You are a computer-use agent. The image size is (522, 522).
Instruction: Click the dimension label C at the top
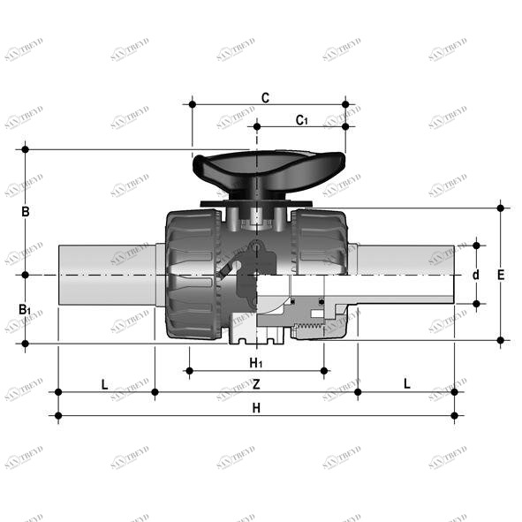(x=265, y=97)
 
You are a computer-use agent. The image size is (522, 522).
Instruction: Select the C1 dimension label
(x=302, y=119)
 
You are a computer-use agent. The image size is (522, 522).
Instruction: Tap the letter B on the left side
(x=26, y=212)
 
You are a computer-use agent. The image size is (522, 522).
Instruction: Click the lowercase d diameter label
(x=475, y=275)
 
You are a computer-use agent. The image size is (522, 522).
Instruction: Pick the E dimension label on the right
(x=501, y=275)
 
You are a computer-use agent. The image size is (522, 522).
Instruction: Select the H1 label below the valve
(x=256, y=363)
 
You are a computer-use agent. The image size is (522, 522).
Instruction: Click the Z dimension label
(x=256, y=384)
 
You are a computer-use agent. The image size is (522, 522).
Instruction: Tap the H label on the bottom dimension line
(x=256, y=407)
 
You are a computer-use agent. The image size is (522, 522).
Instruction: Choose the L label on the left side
(x=104, y=384)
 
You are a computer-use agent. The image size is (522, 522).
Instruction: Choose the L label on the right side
(x=406, y=384)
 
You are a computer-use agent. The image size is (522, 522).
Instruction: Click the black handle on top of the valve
(x=268, y=168)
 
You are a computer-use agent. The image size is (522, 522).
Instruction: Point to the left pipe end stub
(x=106, y=275)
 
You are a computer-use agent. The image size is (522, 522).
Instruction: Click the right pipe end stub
(x=406, y=275)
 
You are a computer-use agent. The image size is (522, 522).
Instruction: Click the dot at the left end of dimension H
(x=58, y=415)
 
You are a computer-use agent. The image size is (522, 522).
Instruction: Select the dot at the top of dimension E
(x=501, y=208)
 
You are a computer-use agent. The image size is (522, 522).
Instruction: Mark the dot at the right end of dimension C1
(x=345, y=126)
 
